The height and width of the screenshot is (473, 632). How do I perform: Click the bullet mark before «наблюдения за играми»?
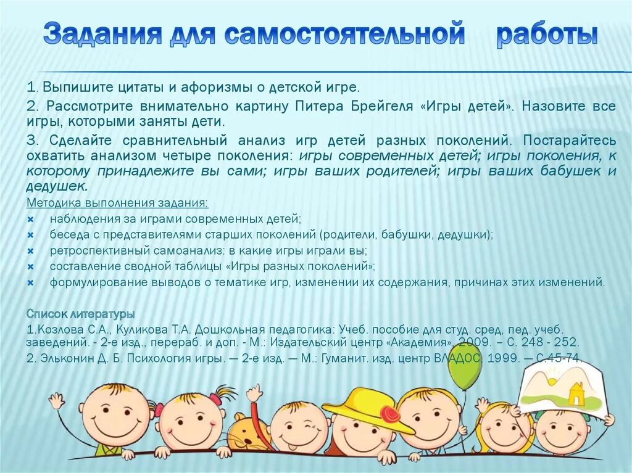30,219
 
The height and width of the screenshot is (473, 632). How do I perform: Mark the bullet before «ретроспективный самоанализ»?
30,251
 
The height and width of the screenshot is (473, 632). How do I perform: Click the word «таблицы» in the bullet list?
196,267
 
